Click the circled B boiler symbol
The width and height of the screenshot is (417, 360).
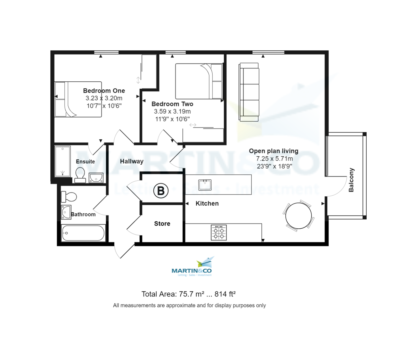(161, 190)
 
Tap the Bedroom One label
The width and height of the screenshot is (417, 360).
(104, 91)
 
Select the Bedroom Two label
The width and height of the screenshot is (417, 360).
(172, 104)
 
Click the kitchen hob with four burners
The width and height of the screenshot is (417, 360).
(219, 232)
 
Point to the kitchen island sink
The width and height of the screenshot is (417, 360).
(205, 185)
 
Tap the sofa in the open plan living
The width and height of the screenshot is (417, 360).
(249, 92)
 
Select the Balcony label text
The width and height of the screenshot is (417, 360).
(351, 180)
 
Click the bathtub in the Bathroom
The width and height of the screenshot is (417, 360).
(83, 233)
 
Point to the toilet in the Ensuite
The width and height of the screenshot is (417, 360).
(80, 174)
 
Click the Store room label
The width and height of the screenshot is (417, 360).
(162, 224)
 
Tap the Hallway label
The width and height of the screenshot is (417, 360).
(132, 161)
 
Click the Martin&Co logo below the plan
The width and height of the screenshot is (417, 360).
(192, 268)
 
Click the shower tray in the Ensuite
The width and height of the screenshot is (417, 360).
(63, 161)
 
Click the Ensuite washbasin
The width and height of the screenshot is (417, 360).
(96, 178)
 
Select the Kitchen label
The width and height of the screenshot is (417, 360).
(207, 204)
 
